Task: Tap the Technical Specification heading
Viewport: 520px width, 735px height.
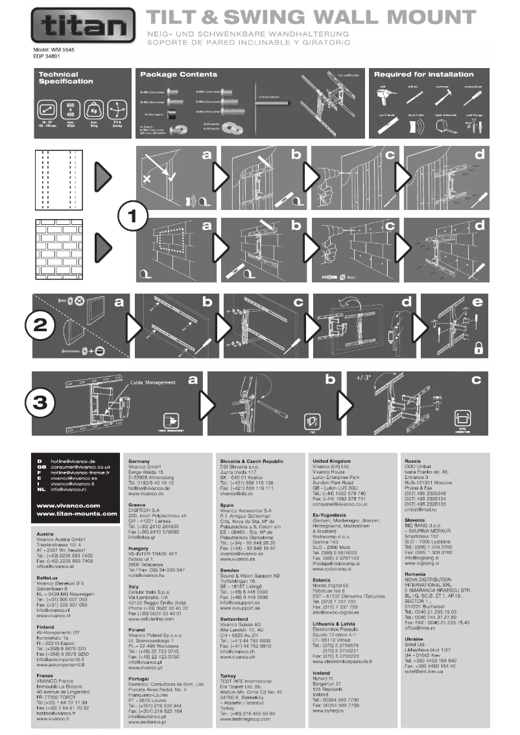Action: (65, 78)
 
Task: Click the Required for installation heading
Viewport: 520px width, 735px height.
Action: (424, 75)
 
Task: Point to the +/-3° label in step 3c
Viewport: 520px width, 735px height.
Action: (365, 377)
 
